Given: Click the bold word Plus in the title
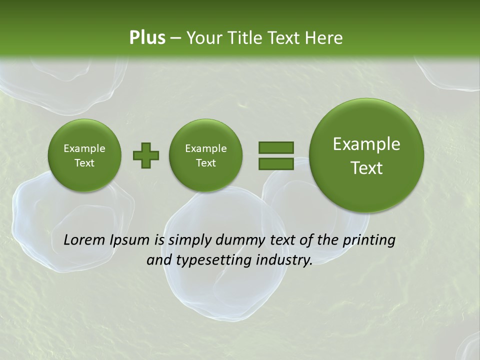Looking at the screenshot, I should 147,37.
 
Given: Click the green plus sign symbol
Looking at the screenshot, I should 146,155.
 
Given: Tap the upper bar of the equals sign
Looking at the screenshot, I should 276,147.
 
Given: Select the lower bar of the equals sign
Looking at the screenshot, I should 276,163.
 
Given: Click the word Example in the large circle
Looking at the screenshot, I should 366,144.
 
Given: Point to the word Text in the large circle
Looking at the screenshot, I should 366,168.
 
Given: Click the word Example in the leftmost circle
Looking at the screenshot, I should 84,148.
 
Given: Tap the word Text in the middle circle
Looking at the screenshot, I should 205,163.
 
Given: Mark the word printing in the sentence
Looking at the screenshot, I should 368,240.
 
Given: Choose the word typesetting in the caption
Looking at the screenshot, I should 210,260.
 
